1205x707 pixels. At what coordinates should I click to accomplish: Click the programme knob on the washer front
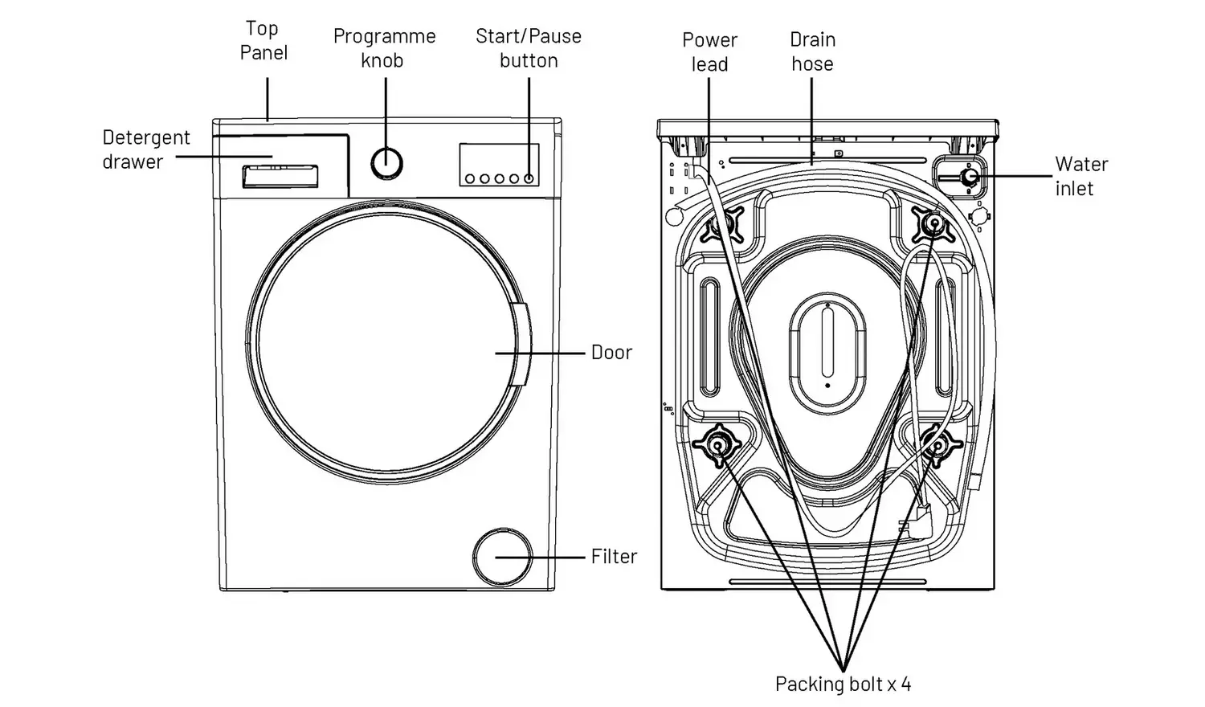pyautogui.click(x=386, y=163)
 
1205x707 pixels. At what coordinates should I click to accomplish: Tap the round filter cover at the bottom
pyautogui.click(x=502, y=557)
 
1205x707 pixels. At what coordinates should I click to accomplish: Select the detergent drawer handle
pyautogui.click(x=280, y=177)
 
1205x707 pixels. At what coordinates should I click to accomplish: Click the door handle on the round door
pyautogui.click(x=519, y=345)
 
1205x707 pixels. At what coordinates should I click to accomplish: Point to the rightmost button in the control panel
pyautogui.click(x=529, y=178)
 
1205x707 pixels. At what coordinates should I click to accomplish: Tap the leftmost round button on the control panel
pyautogui.click(x=470, y=178)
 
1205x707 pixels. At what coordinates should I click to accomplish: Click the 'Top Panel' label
pyautogui.click(x=263, y=40)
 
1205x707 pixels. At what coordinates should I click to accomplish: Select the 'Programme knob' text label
pyautogui.click(x=384, y=48)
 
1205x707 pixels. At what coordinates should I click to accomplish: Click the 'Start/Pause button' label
pyautogui.click(x=529, y=48)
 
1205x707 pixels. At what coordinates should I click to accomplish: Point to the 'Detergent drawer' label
pyautogui.click(x=145, y=149)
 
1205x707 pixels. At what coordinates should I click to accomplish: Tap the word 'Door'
pyautogui.click(x=611, y=353)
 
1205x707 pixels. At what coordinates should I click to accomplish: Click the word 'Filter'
pyautogui.click(x=614, y=556)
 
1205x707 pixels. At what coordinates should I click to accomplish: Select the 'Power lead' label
pyautogui.click(x=709, y=51)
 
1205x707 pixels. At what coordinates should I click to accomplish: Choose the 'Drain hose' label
pyautogui.click(x=812, y=51)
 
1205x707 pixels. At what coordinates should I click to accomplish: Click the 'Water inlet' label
pyautogui.click(x=1081, y=176)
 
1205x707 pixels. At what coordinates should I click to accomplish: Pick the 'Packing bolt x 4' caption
pyautogui.click(x=843, y=684)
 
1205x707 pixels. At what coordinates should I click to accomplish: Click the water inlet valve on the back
pyautogui.click(x=969, y=176)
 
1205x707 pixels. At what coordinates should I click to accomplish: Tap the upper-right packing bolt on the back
pyautogui.click(x=933, y=223)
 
